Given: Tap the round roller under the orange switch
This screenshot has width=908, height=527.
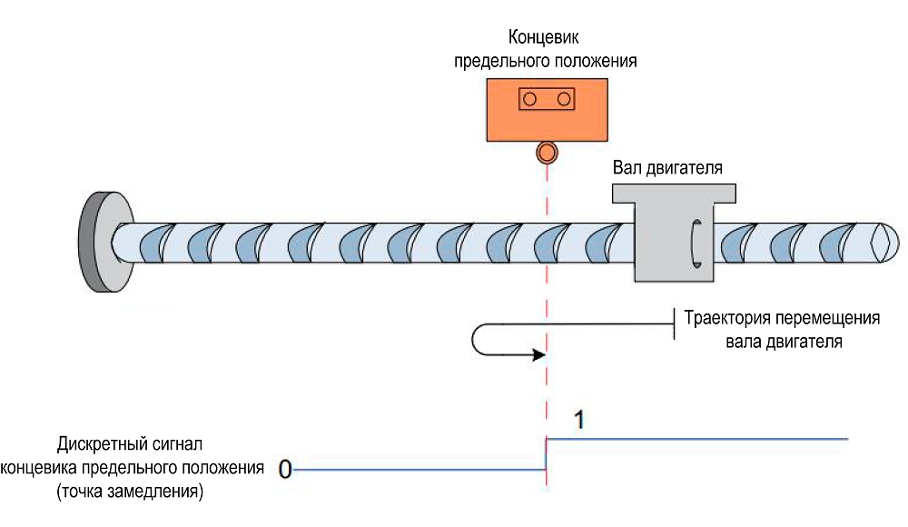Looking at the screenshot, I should [546, 152].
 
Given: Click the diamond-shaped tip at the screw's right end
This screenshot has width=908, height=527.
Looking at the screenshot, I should [878, 244].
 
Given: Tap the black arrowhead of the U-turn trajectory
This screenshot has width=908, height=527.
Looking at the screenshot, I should [536, 353].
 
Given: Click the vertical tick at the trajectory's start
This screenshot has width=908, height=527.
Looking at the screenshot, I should [674, 323].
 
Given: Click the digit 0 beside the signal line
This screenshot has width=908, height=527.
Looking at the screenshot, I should [284, 470].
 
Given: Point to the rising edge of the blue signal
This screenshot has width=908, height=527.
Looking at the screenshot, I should [546, 454].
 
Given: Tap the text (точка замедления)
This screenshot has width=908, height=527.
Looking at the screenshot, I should [128, 492].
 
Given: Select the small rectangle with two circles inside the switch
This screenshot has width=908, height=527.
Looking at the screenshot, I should [546, 97].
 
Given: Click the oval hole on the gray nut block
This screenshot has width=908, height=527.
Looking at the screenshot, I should [696, 243].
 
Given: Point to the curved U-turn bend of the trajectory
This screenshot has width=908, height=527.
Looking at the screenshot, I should [476, 339].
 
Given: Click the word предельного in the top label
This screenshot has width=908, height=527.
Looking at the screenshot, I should [507, 62].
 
